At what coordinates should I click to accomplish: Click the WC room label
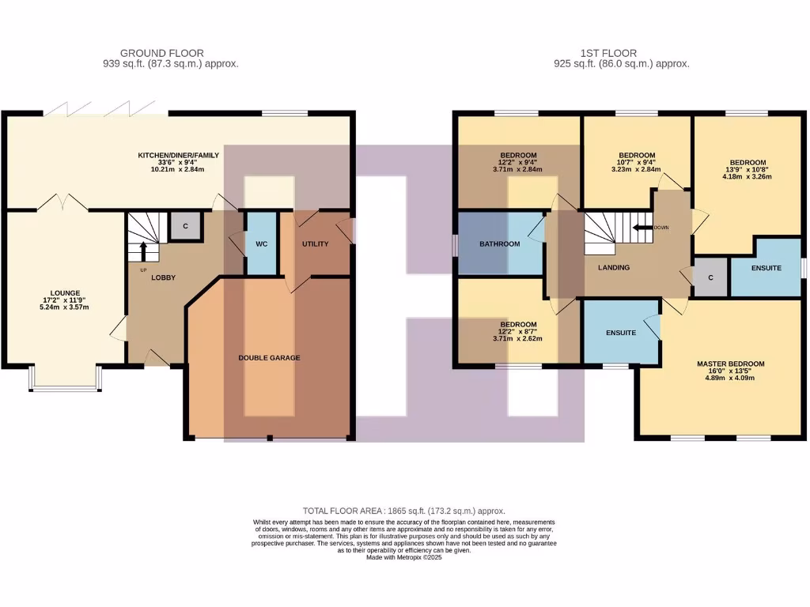261,244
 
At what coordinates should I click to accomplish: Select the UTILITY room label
315,244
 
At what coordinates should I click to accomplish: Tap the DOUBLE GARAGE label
269,358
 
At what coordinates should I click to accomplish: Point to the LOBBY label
164,277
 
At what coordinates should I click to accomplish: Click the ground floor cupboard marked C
186,227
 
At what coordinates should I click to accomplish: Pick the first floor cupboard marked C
710,278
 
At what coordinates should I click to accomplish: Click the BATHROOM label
499,244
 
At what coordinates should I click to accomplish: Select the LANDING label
614,268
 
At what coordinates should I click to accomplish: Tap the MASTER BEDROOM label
730,364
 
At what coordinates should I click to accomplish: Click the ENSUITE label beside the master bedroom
621,333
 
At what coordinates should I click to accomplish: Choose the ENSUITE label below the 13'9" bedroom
765,268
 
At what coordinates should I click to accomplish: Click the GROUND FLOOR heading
161,54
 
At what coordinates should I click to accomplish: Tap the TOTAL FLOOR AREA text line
403,511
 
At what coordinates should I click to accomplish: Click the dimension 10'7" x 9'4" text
637,163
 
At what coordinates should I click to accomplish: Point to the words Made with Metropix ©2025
403,557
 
